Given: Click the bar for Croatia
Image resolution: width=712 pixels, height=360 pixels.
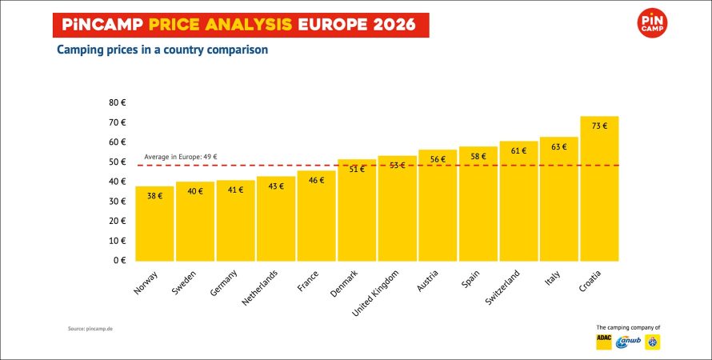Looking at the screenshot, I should tap(599, 192).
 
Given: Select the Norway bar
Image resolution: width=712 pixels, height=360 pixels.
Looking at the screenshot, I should tap(154, 228).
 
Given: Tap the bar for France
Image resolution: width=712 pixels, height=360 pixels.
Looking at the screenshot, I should tap(316, 220).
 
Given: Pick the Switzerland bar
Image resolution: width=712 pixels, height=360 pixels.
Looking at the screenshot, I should tap(518, 204).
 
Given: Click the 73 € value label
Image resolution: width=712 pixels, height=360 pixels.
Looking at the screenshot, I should tap(599, 126).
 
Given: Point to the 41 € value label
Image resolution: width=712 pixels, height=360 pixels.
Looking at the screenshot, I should tap(235, 190).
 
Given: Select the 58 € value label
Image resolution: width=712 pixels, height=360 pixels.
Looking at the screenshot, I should tap(478, 157).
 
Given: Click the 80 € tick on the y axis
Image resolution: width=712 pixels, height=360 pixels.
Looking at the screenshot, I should tap(118, 102).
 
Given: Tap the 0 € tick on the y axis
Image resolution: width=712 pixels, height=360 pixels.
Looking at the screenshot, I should tap(120, 260).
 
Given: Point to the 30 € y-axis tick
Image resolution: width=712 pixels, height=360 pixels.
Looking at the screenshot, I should tap(118, 201).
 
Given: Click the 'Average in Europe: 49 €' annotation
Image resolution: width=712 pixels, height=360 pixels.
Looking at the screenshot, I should tap(181, 157).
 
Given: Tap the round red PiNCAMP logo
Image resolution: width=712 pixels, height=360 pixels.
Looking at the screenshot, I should tap(654, 23).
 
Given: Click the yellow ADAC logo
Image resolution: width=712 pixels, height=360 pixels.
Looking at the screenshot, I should tap(604, 342).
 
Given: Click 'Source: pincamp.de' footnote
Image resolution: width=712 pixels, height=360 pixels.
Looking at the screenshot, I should tap(90, 329).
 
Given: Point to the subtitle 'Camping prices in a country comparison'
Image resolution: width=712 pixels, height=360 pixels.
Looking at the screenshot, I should tap(162, 50).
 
